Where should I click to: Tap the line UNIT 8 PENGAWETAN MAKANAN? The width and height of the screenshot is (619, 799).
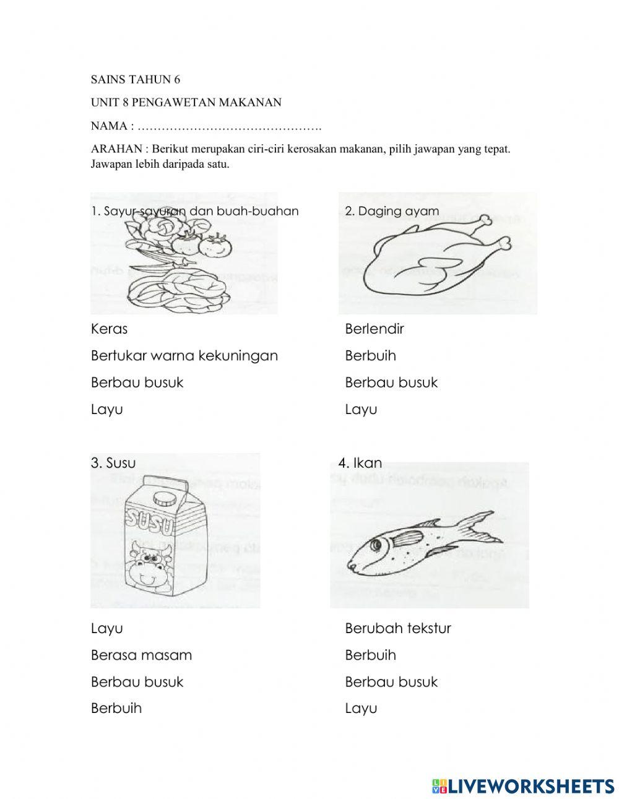tap(186, 103)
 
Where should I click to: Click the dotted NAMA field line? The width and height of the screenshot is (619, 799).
tap(229, 126)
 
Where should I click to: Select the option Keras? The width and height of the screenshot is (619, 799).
tap(109, 329)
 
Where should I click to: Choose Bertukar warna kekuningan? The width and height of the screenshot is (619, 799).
tap(184, 356)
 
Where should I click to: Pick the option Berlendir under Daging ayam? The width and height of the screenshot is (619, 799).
tap(374, 329)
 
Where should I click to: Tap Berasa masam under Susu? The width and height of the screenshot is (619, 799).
tap(141, 655)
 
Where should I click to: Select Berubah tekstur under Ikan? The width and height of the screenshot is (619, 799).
tap(397, 628)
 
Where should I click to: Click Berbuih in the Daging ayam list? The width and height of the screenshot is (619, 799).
tap(370, 356)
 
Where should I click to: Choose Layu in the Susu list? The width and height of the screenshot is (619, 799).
tap(106, 628)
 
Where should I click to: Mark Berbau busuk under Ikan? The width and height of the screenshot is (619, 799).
tap(391, 681)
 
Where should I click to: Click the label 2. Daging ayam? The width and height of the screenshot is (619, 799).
tap(391, 211)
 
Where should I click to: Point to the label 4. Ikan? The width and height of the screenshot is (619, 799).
tap(360, 463)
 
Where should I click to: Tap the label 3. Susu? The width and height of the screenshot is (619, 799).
tap(113, 463)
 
